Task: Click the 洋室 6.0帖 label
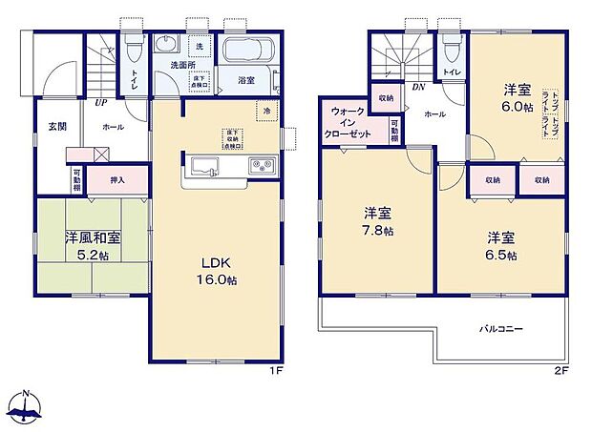pyautogui.click(x=518, y=99)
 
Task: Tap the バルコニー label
pyautogui.click(x=500, y=328)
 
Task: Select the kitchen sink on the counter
pyautogui.click(x=204, y=168)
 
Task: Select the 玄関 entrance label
pyautogui.click(x=57, y=126)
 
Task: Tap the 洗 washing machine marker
pyautogui.click(x=200, y=47)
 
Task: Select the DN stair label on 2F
pyautogui.click(x=418, y=88)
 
